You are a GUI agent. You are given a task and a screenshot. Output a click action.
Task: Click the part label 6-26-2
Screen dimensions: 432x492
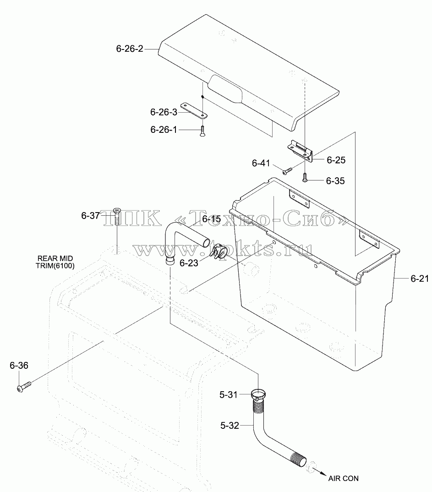tap(130, 49)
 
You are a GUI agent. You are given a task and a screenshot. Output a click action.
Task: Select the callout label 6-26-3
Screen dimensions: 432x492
tap(164, 112)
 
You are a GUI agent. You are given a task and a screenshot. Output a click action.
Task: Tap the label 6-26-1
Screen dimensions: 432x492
tap(164, 130)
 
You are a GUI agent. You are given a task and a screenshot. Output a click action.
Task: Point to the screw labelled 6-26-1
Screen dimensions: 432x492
tap(202, 131)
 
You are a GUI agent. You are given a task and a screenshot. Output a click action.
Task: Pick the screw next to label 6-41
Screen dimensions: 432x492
tap(287, 171)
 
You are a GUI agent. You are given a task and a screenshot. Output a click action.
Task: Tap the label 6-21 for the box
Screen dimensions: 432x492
tap(420, 278)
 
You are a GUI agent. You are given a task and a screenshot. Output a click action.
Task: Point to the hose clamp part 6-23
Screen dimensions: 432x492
tap(219, 251)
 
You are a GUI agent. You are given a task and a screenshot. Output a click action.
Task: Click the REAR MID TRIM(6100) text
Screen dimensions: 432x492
tap(55, 262)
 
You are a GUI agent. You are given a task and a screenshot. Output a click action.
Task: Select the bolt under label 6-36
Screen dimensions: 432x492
tap(24, 387)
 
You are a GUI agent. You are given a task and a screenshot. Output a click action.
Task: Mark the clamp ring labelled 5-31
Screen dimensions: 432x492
tap(258, 394)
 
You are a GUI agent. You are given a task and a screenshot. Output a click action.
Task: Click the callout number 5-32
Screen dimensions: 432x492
tap(230, 425)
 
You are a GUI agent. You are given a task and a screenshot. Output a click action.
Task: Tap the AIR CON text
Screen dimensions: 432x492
tap(343, 478)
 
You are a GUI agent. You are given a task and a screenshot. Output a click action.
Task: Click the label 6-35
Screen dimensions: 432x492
tap(335, 181)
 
